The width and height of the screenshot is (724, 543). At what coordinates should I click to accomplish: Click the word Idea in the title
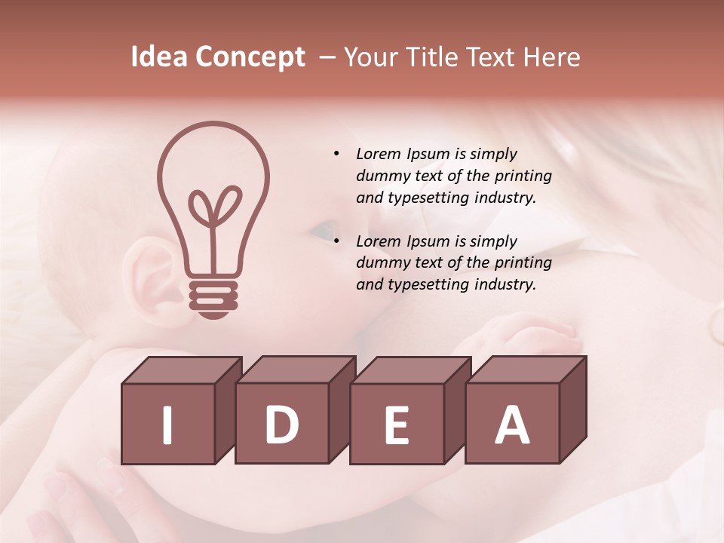(159, 57)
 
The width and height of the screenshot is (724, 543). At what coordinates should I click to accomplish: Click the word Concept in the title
(250, 57)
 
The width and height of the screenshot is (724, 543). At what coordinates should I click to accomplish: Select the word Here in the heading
(553, 57)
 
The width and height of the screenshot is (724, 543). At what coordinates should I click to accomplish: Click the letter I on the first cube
(167, 425)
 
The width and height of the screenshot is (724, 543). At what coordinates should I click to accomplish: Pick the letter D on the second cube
(281, 425)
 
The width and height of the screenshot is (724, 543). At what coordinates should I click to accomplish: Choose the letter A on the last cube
(512, 425)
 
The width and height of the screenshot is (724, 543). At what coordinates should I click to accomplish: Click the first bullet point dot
(336, 154)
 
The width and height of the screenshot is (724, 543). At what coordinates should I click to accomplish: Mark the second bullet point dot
(336, 241)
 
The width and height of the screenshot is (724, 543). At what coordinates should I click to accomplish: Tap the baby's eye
(323, 228)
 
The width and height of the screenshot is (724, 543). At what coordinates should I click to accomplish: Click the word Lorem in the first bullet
(379, 154)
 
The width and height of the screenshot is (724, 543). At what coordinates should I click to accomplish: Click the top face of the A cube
(526, 370)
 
